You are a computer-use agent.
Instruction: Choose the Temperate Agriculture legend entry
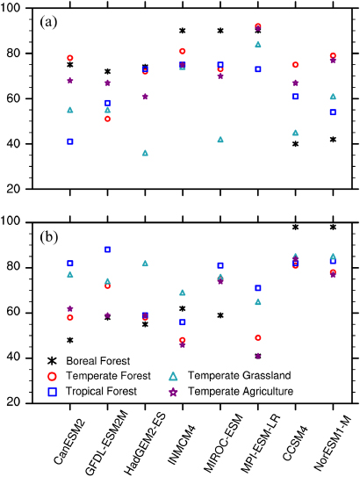(x=243, y=390)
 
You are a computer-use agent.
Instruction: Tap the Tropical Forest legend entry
(x=95, y=390)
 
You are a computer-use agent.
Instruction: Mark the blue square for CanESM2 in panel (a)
(x=69, y=141)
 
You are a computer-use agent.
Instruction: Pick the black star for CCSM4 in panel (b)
(x=296, y=228)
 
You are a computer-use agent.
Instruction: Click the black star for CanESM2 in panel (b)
(x=69, y=340)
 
